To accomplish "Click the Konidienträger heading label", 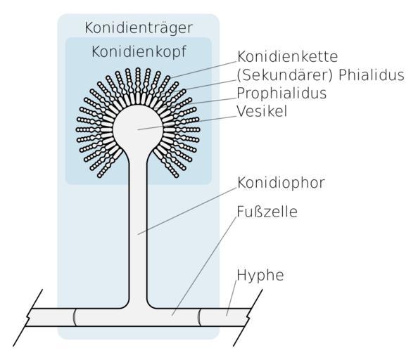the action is pos(139,28).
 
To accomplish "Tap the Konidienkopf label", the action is pos(139,51).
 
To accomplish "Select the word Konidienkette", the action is pos(288,56).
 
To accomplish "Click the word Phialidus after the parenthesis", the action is pos(372,75).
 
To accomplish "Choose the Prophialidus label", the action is pos(281,94).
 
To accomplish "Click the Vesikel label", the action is pos(262,111).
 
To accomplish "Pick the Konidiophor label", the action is pos(281,183).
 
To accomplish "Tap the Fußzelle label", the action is pos(267,212).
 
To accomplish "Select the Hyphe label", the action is pos(260,275).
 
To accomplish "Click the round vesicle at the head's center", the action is pos(138,129).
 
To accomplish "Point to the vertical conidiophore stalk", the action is pos(138,229).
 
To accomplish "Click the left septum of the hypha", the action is pos(75,317).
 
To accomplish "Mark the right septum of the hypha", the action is pos(199,317).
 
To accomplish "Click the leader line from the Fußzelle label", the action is pos(204,266).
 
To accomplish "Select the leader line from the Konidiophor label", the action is pos(187,211).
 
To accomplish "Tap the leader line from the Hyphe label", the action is pos(232,298).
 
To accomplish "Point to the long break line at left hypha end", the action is pos(27,318).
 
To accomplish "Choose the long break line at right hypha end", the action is pos(248,318).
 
